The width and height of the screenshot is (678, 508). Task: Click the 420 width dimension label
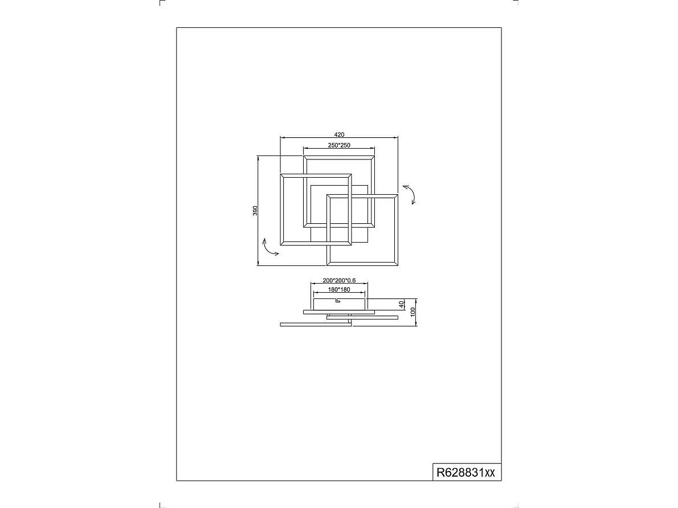[x=339, y=134]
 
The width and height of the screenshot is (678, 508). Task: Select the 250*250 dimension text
[x=339, y=145]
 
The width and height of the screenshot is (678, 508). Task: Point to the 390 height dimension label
[x=256, y=211]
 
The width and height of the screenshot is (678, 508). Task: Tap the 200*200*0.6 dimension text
[x=339, y=281]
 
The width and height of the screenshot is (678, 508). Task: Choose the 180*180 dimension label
[x=339, y=289]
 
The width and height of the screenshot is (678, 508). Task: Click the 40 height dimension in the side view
[x=402, y=304]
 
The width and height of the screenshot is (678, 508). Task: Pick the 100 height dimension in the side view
[x=412, y=312]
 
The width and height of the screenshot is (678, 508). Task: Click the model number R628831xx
[x=465, y=472]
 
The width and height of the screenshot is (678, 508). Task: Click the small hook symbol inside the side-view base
[x=337, y=301]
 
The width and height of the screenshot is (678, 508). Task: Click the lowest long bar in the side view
[x=316, y=325]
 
